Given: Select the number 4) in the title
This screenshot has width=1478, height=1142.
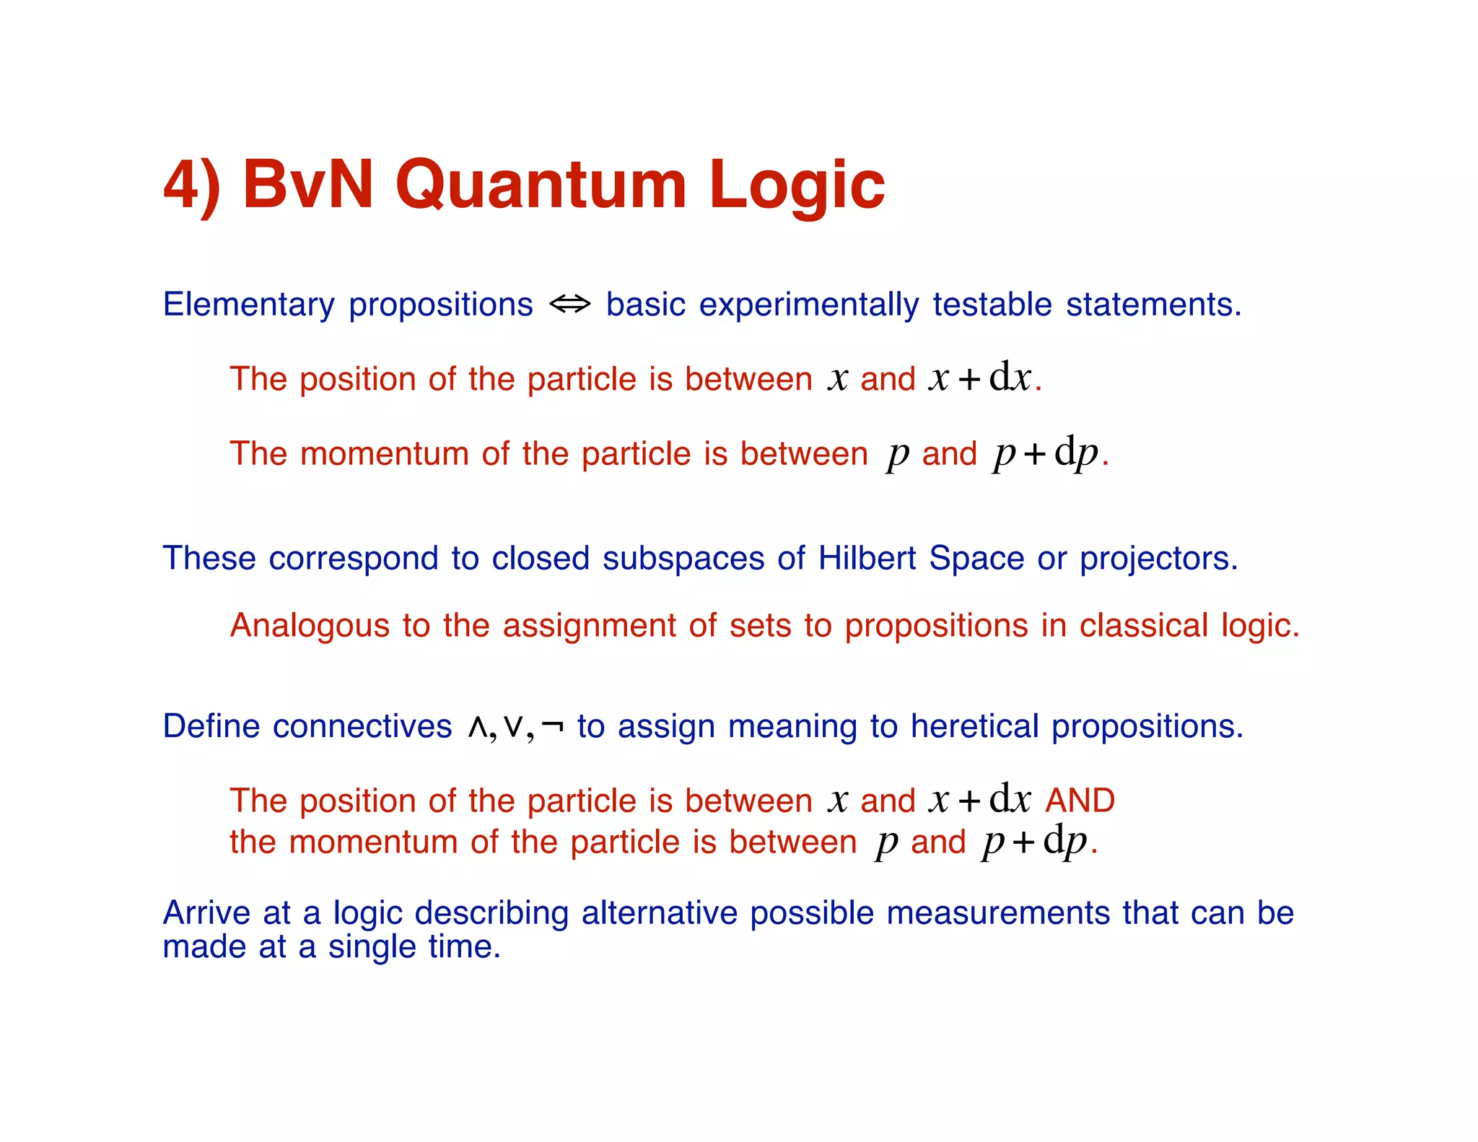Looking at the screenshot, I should (x=191, y=186).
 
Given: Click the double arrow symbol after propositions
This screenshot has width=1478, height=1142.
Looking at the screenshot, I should (x=569, y=305).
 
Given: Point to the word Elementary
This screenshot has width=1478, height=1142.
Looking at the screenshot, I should (x=248, y=305).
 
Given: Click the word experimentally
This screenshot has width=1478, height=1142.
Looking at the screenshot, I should (x=808, y=305).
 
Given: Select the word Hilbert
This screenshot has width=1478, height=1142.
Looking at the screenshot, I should (x=867, y=558).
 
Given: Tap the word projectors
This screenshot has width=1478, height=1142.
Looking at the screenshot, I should (x=1158, y=559).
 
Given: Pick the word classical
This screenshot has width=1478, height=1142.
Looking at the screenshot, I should (x=1143, y=625).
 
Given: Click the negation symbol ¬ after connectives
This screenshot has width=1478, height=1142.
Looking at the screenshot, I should (x=552, y=726).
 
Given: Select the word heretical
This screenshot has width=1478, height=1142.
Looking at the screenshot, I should (x=974, y=726).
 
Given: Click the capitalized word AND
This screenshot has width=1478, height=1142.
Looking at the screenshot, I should (x=1080, y=801).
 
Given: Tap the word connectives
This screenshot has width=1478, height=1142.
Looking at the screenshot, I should (x=362, y=726).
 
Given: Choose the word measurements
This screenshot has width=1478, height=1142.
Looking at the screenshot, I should (x=997, y=913).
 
